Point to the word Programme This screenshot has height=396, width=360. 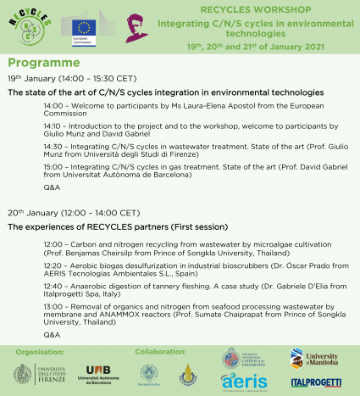[x=43, y=63]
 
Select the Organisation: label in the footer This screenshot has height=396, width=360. [x=40, y=349]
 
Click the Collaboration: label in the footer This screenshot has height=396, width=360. [x=160, y=349]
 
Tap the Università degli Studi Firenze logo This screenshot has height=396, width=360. [x=38, y=373]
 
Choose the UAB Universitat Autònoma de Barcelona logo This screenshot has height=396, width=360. [x=98, y=373]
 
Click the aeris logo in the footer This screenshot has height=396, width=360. [x=245, y=382]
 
